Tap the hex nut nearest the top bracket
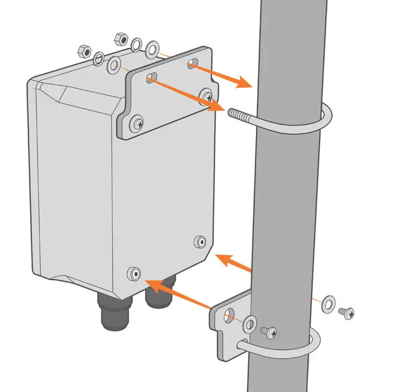120,39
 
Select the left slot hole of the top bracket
152,78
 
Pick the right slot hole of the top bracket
192,64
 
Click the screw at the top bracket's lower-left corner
137,123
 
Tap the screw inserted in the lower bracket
269,331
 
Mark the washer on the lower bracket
250,324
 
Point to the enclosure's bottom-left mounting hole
135,273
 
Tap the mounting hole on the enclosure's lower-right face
200,241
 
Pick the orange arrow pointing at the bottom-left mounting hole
157,286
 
